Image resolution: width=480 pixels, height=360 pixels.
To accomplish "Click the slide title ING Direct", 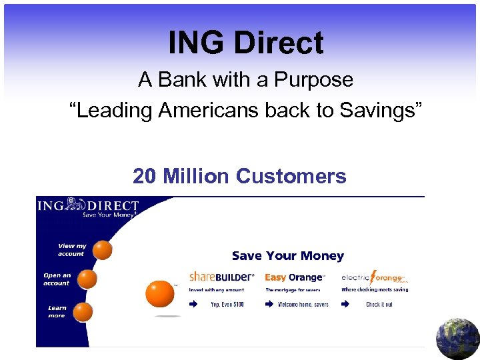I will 246,43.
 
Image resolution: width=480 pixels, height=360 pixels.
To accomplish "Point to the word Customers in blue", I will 291,176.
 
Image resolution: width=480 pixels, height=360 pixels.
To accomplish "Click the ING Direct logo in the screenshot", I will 87,207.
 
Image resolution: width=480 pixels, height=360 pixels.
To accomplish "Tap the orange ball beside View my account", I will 102,250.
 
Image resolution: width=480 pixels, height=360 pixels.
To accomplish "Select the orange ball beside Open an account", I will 87,279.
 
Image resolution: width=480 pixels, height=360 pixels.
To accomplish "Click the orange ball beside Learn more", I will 83,311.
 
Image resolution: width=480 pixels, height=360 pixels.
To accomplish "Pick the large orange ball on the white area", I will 160,293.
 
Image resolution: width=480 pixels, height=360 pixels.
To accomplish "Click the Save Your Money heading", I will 288,256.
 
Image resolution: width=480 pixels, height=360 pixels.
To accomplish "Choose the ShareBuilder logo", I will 222,277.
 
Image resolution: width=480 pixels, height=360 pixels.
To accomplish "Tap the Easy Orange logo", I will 295,277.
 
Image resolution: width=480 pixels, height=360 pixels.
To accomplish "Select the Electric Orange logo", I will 373,277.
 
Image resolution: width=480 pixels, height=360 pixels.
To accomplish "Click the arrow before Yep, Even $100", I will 193,304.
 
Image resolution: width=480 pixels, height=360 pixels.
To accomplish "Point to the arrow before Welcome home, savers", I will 269,304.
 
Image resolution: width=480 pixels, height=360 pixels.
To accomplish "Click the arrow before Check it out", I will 345,304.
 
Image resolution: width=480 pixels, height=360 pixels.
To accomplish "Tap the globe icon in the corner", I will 457,339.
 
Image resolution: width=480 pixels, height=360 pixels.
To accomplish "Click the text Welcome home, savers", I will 303,305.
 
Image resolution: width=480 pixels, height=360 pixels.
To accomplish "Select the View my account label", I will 71,250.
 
